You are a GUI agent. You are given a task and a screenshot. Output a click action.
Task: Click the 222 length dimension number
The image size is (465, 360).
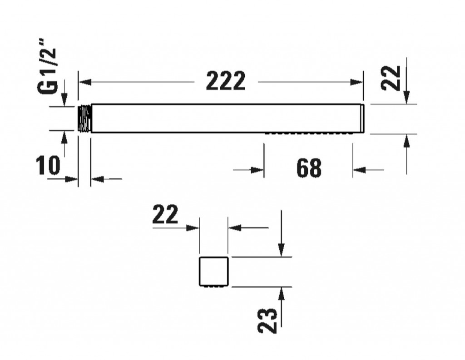click(x=226, y=81)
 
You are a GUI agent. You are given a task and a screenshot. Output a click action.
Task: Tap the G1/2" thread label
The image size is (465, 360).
click(x=47, y=66)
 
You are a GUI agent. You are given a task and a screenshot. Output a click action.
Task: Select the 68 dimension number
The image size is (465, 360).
click(x=309, y=168)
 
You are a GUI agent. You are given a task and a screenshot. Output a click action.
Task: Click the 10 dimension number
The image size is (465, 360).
click(x=48, y=165)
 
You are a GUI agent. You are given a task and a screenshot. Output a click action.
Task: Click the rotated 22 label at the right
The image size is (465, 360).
click(x=391, y=78)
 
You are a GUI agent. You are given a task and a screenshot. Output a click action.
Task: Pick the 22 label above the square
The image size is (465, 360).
click(x=165, y=214)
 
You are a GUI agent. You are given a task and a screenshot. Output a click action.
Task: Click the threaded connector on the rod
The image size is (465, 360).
click(x=84, y=118)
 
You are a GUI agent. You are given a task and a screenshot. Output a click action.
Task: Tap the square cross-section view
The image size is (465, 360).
click(x=214, y=271)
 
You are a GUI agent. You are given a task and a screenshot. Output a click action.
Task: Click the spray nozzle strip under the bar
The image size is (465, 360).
click(x=309, y=133)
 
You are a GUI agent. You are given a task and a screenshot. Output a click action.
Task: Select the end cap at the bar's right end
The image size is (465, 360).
click(x=362, y=118)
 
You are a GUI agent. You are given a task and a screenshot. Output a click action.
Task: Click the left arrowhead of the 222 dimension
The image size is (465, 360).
click(x=85, y=82)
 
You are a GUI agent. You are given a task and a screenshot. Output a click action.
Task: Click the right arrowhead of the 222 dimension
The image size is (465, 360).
click(x=357, y=82)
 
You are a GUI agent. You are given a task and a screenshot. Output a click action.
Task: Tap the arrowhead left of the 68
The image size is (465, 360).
click(x=257, y=170)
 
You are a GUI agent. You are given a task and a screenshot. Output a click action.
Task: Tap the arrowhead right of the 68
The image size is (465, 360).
click(x=359, y=170)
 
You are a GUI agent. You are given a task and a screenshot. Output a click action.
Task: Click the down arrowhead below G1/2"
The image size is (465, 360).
click(x=64, y=99)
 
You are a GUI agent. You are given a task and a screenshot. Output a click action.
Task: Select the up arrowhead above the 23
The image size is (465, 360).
click(x=282, y=294)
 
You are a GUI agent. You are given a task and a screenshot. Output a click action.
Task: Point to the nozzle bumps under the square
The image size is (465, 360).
click(x=214, y=286)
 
